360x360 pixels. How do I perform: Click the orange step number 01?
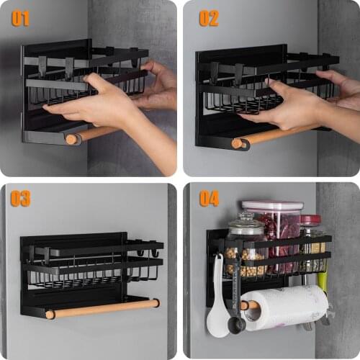click(21, 17)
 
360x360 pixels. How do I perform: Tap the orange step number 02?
click(209, 17)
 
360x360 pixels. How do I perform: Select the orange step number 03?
click(21, 198)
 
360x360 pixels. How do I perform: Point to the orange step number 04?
click(209, 198)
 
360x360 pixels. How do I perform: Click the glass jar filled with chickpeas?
click(246, 248)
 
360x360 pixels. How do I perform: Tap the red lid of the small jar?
click(311, 220)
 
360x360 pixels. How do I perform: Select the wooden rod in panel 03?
click(101, 308)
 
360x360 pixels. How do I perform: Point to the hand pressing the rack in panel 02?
click(288, 104)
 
